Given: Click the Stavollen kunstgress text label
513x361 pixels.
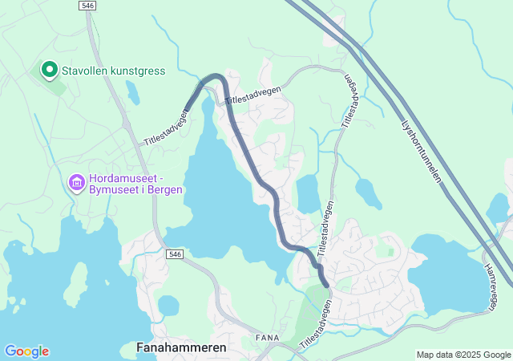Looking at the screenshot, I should (113, 71).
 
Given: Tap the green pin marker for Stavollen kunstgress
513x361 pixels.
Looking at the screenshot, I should (48, 71).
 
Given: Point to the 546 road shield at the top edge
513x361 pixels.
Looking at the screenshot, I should (89, 6).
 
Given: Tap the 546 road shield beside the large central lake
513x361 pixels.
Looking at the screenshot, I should (176, 254).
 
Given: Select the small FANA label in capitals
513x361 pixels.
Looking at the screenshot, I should (267, 338).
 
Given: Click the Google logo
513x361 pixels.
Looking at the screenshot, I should (26, 351).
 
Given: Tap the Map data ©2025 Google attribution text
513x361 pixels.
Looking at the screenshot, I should (463, 355).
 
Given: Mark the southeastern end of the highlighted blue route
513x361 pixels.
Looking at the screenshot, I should (326, 284).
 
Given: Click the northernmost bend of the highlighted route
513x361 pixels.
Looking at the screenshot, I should (215, 77).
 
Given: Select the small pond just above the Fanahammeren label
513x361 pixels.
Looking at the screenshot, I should (168, 306).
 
